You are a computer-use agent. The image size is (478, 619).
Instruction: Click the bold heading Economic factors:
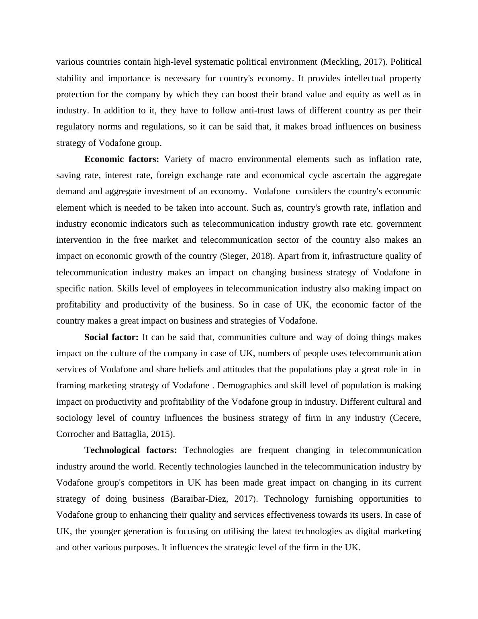tap(122, 159)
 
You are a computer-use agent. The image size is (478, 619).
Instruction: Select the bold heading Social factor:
tap(111, 337)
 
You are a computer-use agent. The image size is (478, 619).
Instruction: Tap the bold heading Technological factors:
tap(131, 450)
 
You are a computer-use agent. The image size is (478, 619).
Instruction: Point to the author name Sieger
tap(234, 256)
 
